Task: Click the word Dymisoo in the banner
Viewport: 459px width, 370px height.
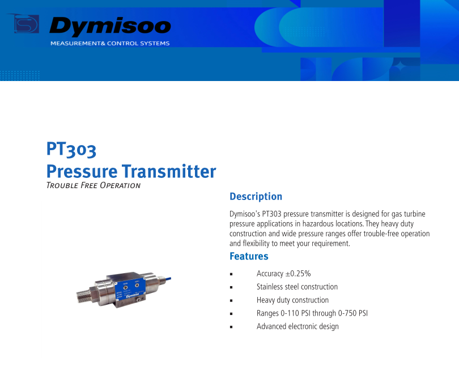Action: click(x=110, y=26)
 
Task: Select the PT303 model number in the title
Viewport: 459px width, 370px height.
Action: click(x=71, y=149)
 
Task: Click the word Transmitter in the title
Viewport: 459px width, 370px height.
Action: click(x=169, y=171)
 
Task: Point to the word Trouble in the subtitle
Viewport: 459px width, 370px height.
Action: click(x=62, y=186)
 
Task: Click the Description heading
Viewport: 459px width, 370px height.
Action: click(x=256, y=197)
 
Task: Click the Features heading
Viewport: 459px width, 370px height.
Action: click(x=249, y=256)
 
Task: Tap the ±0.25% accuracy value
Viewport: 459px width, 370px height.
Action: click(x=298, y=274)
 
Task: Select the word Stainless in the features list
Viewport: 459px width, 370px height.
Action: click(x=269, y=287)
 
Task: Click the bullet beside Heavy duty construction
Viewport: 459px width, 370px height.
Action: click(x=231, y=301)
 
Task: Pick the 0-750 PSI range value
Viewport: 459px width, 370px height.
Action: click(x=352, y=313)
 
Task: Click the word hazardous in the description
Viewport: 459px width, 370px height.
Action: click(x=318, y=224)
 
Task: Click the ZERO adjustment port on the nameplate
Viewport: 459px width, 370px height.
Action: click(x=137, y=285)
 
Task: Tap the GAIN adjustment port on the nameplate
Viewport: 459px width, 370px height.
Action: click(x=125, y=287)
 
